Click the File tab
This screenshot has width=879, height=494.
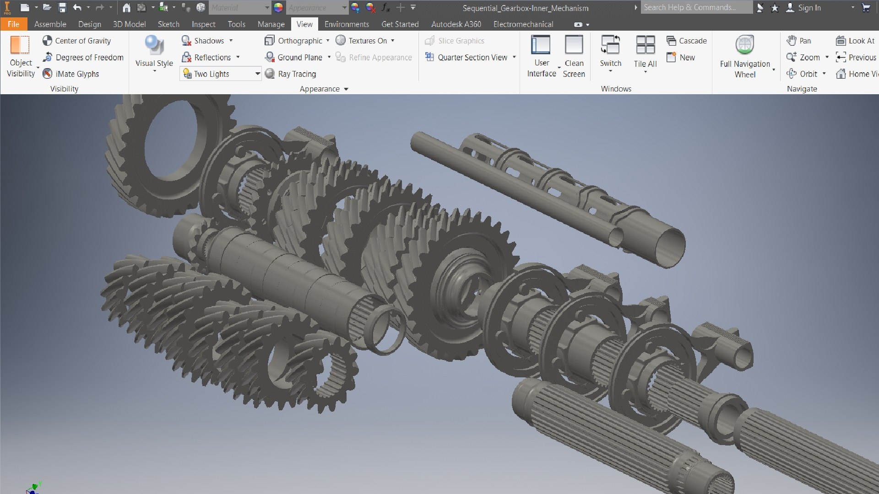(x=13, y=24)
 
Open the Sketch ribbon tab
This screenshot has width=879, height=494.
(x=168, y=24)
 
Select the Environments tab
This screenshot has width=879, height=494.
(x=347, y=24)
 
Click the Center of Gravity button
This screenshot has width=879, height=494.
(x=77, y=41)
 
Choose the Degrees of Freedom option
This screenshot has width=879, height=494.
(x=83, y=57)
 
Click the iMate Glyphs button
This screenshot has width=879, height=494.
(x=71, y=74)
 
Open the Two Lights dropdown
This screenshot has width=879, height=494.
(x=257, y=74)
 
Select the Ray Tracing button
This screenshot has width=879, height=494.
(x=291, y=74)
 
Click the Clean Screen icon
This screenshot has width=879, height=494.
(x=574, y=45)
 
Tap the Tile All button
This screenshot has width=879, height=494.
(x=645, y=46)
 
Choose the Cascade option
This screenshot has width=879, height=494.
(x=687, y=41)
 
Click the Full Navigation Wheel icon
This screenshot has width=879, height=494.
(x=745, y=45)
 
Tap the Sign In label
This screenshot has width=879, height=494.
(x=809, y=8)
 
